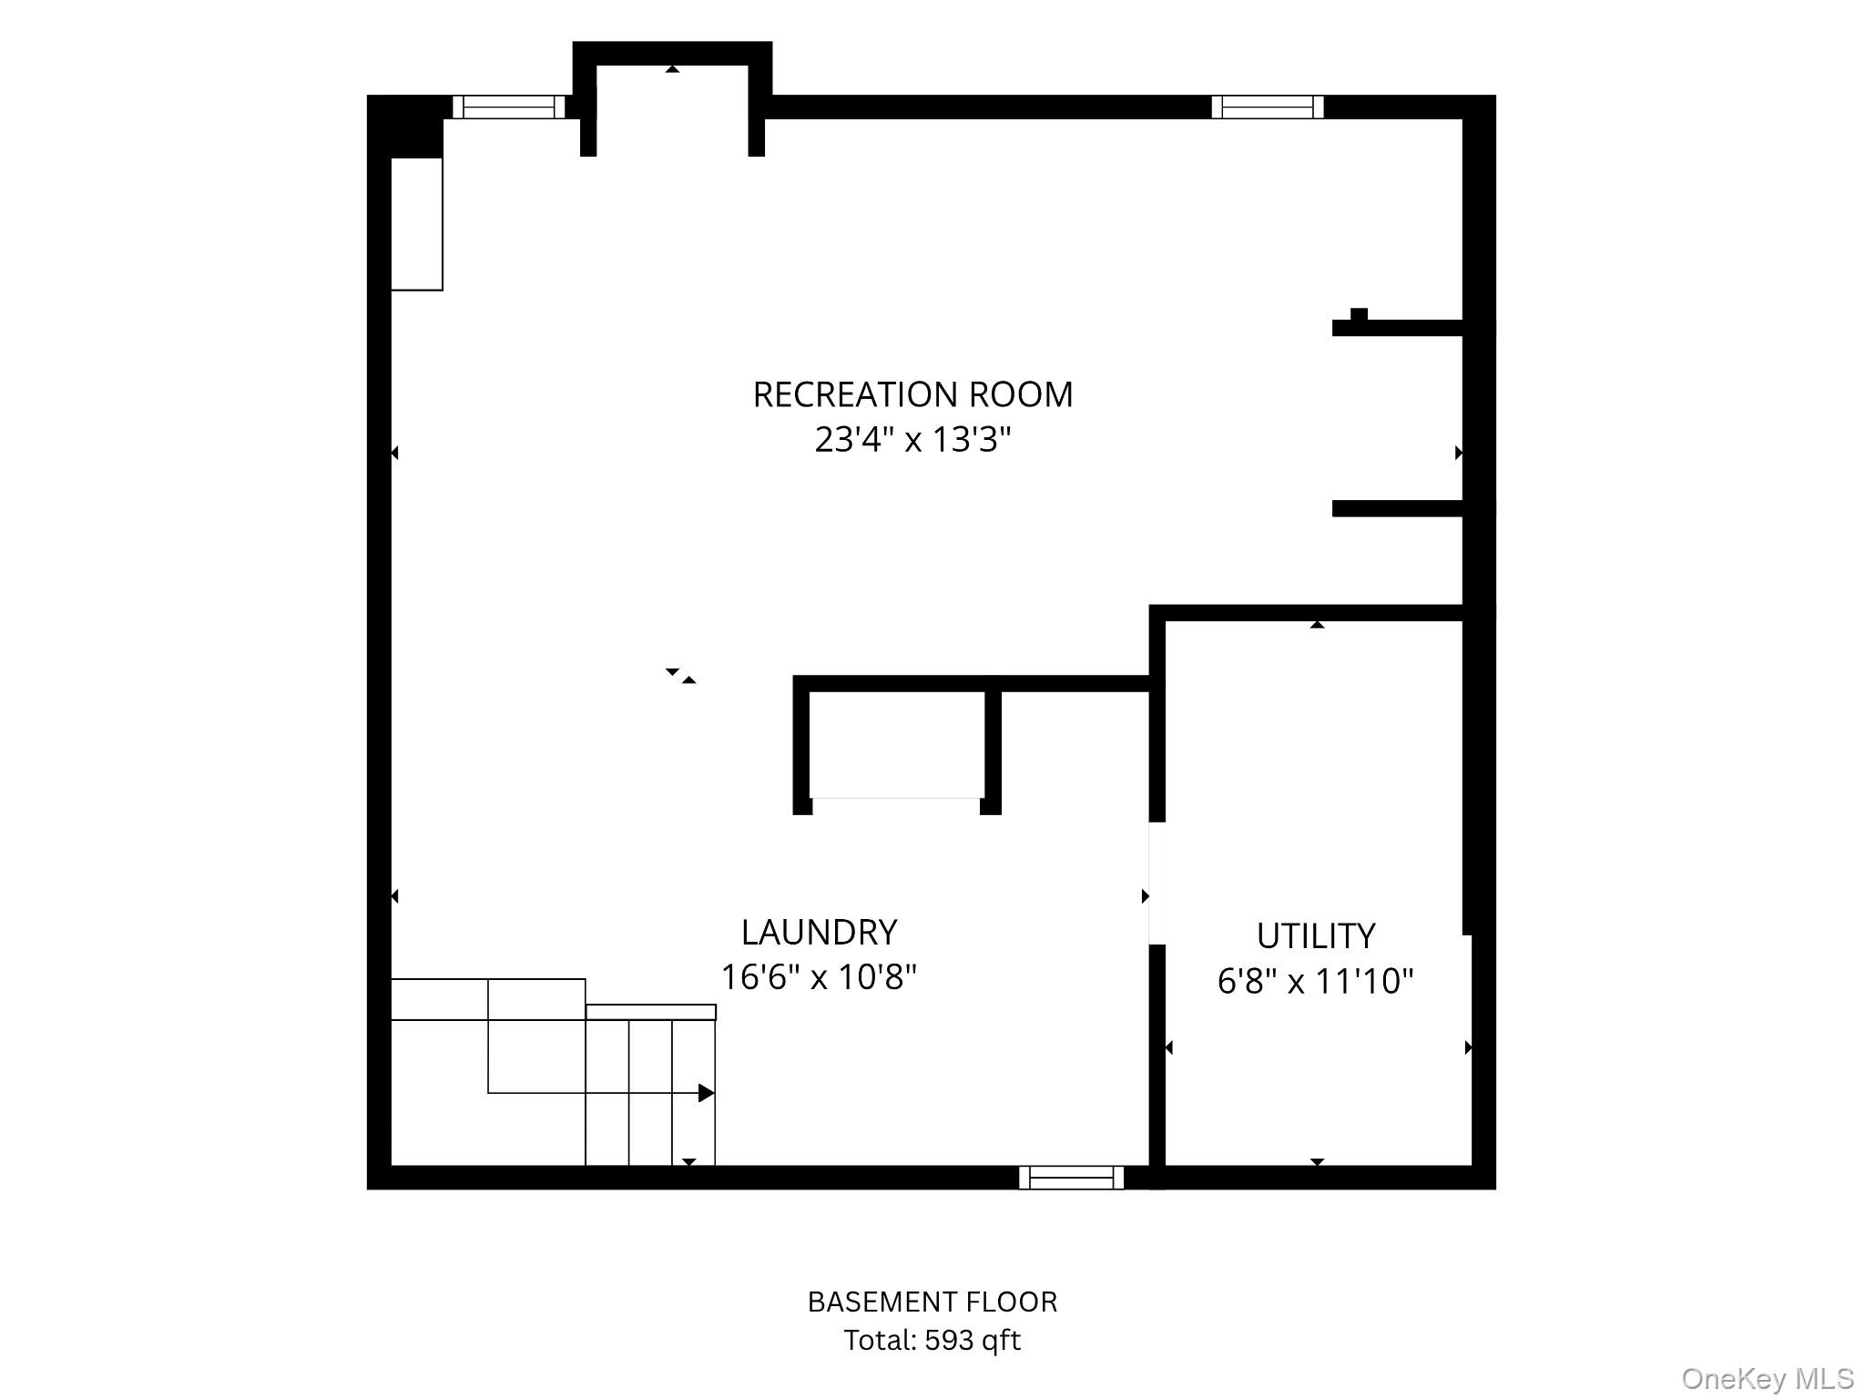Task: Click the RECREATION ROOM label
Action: (x=912, y=394)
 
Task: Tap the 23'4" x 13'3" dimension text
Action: (x=912, y=440)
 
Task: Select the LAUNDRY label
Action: (x=819, y=932)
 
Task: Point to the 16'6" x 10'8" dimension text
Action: (x=819, y=977)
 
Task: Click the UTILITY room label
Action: (x=1315, y=935)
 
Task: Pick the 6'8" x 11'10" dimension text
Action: (x=1315, y=981)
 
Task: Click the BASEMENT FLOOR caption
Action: (x=932, y=1302)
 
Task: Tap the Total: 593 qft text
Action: (x=932, y=1341)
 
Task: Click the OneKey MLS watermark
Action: (x=1768, y=1379)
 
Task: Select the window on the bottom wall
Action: (x=1071, y=1178)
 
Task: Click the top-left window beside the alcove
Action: (x=509, y=107)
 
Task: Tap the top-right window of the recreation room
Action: (x=1267, y=107)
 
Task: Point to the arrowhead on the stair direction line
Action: (x=707, y=1093)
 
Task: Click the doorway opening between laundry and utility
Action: (x=1157, y=883)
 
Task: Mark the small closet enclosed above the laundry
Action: (x=897, y=744)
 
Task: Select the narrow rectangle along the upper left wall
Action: (x=417, y=224)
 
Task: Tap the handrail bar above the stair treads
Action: (x=650, y=1012)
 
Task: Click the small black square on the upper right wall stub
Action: (x=1359, y=314)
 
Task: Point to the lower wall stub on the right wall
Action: (x=1397, y=509)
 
